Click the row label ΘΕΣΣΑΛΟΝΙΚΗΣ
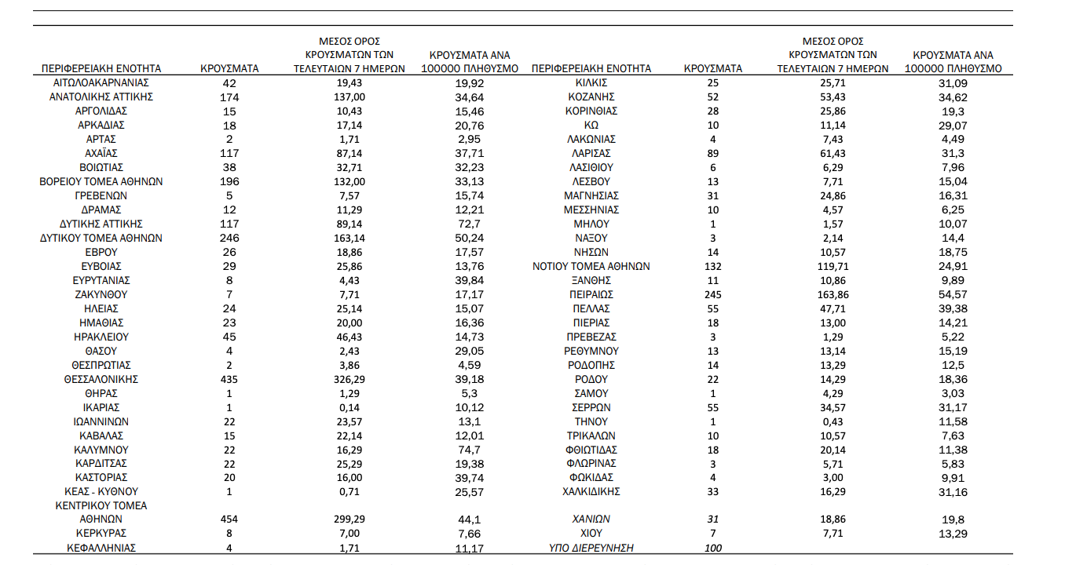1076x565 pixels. click(101, 379)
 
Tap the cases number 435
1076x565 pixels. click(230, 379)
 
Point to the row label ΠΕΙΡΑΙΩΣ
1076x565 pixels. click(591, 294)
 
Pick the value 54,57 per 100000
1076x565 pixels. click(953, 294)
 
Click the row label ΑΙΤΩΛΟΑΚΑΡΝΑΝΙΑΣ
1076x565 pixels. click(101, 82)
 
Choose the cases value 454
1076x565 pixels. click(230, 519)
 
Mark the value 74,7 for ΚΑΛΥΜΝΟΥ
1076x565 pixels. click(469, 450)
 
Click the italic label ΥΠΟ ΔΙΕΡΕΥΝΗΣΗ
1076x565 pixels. click(591, 548)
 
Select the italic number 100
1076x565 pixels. click(713, 548)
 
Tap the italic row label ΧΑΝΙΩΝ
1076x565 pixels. click(591, 519)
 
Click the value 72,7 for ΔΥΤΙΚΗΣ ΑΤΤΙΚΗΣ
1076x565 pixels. click(469, 224)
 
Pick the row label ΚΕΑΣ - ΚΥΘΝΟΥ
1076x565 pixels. click(101, 491)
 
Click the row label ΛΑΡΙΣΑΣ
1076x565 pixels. click(591, 153)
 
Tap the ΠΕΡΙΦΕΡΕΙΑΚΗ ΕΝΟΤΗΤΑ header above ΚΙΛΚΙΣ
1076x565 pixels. click(591, 68)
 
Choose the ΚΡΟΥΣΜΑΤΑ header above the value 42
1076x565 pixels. click(230, 68)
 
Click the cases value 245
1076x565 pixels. click(713, 294)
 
